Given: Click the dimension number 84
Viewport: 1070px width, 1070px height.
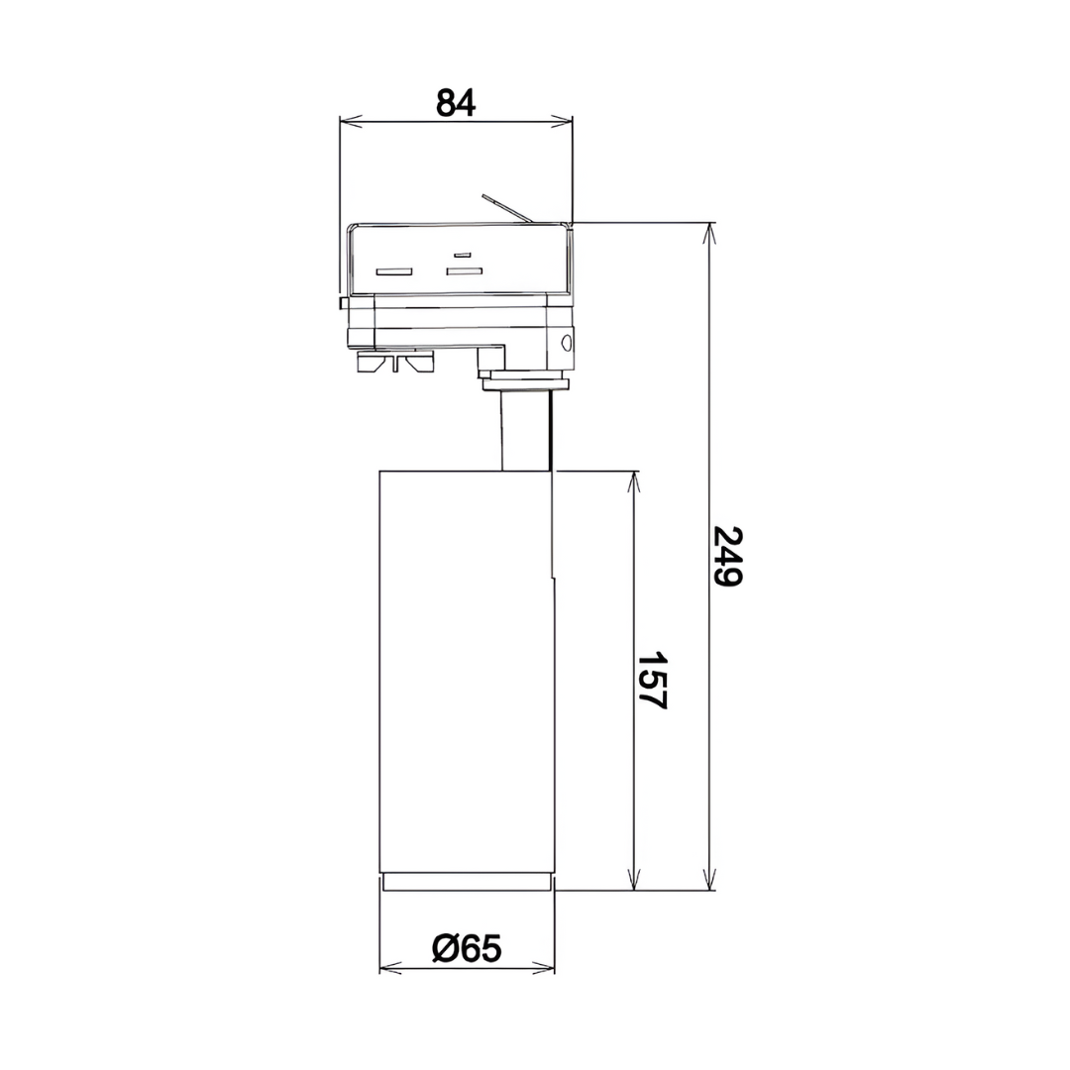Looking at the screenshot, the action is pos(456,103).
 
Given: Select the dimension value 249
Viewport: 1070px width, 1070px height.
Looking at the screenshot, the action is pos(726,556).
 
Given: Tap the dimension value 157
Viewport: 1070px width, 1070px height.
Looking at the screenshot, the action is pos(651,681).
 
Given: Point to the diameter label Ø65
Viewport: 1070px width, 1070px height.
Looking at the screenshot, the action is pos(467,948).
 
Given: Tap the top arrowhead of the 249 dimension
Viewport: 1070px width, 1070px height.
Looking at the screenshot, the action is pos(709,234).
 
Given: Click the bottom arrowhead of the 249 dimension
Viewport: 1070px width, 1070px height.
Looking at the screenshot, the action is pos(709,879).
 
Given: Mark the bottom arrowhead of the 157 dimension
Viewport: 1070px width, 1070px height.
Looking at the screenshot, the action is pos(635,879).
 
